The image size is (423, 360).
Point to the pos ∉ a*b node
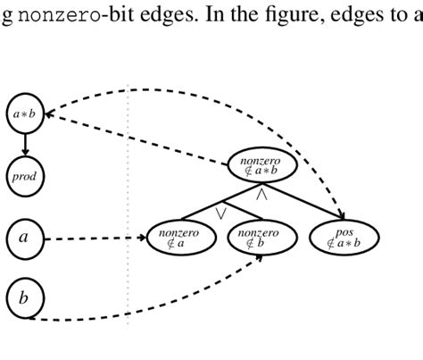(x=344, y=238)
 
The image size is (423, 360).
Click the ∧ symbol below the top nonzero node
(x=262, y=193)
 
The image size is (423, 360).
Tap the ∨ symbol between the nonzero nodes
(x=220, y=213)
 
